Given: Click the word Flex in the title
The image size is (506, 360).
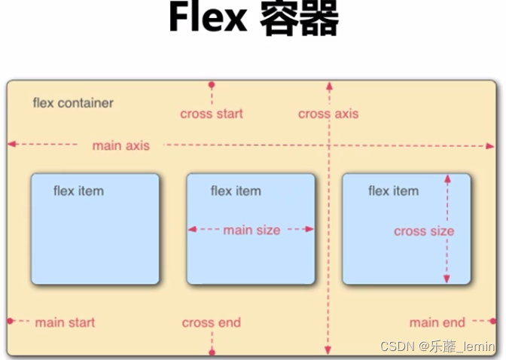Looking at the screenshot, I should point(208,20).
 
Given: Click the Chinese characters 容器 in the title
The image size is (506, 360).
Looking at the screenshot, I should point(299,20).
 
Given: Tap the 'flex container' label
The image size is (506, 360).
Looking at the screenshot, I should point(73,102).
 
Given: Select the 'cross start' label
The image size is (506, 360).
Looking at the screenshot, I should point(212,114).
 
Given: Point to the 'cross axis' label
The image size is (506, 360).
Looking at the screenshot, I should point(328,114).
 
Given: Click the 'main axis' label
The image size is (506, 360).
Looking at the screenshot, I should point(120,145).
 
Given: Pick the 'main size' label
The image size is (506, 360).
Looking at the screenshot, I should point(251,230).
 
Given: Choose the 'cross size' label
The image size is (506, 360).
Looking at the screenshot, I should point(424,231).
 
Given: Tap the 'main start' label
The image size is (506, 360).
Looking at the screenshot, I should point(65,322).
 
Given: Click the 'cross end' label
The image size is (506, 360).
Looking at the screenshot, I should point(212,322).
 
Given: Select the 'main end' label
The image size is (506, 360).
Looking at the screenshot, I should point(437,322).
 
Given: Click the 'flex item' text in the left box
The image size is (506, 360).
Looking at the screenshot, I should point(78,191).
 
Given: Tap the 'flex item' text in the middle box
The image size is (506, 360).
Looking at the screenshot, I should point(236,191).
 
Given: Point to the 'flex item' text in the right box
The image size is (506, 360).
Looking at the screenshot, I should point(393,191).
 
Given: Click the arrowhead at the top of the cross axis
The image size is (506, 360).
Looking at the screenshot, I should point(328,85).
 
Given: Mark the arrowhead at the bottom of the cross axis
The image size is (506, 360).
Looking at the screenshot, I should point(328,349).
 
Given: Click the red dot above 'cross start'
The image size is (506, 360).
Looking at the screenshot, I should point(212,84).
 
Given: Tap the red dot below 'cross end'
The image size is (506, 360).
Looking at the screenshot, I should point(212,352).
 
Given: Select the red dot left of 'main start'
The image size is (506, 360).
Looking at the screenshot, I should point(11,321).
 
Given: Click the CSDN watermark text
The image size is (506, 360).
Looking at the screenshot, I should point(437,346).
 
